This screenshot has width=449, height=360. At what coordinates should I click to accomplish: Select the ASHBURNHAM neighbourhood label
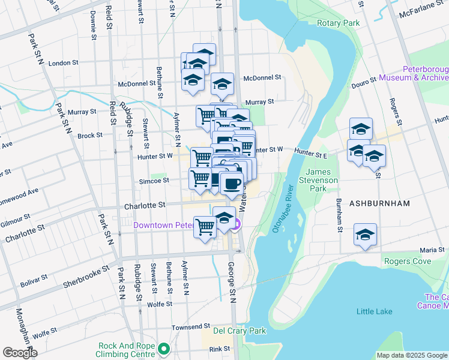point(381,203)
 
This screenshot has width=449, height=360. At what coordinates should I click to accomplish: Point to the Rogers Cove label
point(408,261)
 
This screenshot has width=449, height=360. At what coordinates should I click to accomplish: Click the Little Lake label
point(374,311)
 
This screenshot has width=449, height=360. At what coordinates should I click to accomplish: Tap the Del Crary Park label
point(239,331)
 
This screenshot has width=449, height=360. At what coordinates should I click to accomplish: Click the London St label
point(64,62)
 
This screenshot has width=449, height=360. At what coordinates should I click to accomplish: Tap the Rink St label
point(219,349)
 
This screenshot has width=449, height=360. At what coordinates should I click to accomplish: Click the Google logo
point(20,353)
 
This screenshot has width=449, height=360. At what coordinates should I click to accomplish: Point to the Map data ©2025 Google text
point(412,355)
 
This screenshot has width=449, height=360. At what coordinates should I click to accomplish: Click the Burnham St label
point(339,217)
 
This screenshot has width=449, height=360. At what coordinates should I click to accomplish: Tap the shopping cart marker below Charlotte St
point(205,226)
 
